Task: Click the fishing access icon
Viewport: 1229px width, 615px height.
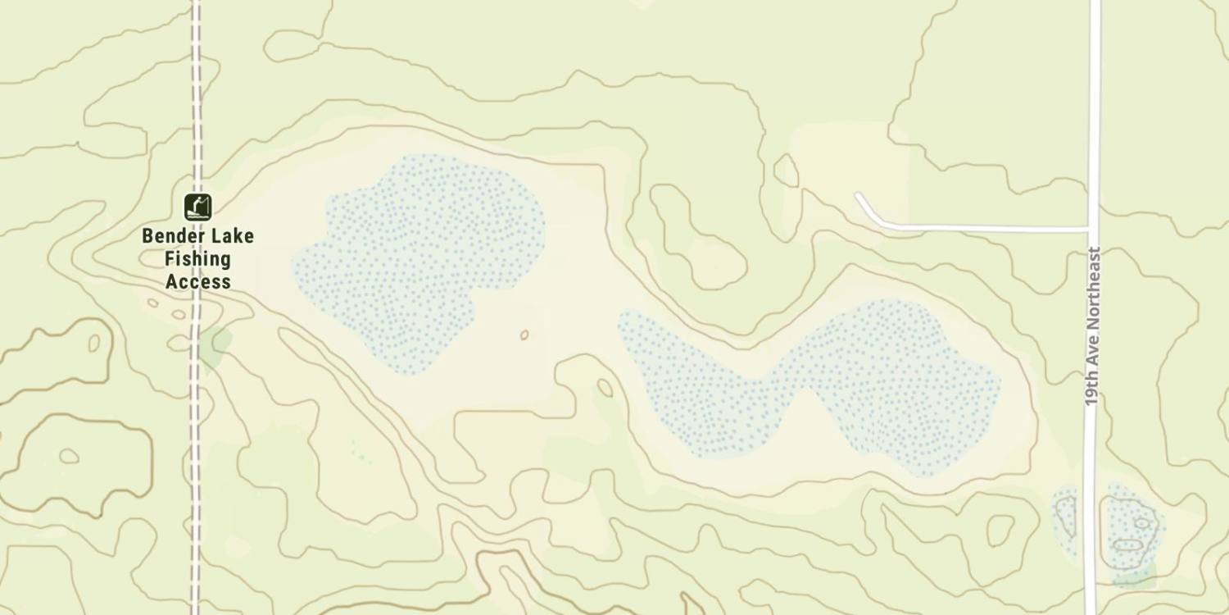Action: tap(197, 207)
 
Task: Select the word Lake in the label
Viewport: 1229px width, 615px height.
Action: tap(231, 236)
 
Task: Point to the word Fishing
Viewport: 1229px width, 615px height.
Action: tap(197, 259)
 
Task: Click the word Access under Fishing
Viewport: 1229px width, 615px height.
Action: tap(197, 282)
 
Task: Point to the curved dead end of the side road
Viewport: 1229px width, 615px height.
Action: tap(859, 197)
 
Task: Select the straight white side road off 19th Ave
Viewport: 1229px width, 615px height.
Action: tap(983, 226)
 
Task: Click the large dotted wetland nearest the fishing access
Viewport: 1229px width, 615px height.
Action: tap(418, 254)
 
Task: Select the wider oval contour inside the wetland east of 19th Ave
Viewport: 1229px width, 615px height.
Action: tap(1128, 544)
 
